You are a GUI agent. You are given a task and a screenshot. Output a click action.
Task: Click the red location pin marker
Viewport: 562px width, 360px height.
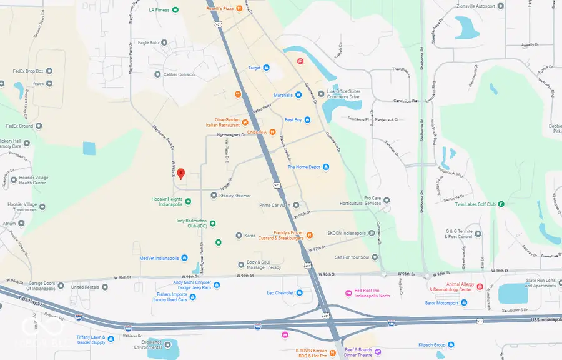click(181, 173)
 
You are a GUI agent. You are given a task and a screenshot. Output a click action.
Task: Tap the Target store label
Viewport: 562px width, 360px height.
click(254, 67)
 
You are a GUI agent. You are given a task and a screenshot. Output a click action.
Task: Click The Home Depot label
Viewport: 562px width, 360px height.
click(303, 167)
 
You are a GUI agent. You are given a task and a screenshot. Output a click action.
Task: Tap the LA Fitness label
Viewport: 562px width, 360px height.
click(159, 9)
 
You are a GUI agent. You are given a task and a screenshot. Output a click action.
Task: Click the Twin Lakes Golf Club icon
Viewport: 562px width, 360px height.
click(501, 204)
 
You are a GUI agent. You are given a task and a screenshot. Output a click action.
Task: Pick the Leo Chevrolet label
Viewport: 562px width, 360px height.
click(280, 292)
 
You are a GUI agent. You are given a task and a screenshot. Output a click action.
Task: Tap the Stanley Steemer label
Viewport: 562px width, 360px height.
click(235, 196)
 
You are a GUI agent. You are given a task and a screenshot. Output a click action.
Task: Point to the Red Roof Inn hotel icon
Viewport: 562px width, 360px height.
click(348, 293)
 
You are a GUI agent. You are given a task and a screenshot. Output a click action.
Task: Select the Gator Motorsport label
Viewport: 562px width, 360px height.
click(441, 303)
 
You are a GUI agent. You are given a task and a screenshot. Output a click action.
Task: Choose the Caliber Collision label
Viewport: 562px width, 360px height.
click(179, 74)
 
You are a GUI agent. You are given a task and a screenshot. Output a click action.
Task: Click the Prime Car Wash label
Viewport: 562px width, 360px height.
click(275, 205)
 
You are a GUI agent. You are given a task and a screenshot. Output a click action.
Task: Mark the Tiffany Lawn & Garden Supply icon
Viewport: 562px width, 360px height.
click(111, 339)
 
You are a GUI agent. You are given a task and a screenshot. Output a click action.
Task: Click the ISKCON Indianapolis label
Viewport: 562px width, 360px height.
click(346, 233)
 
